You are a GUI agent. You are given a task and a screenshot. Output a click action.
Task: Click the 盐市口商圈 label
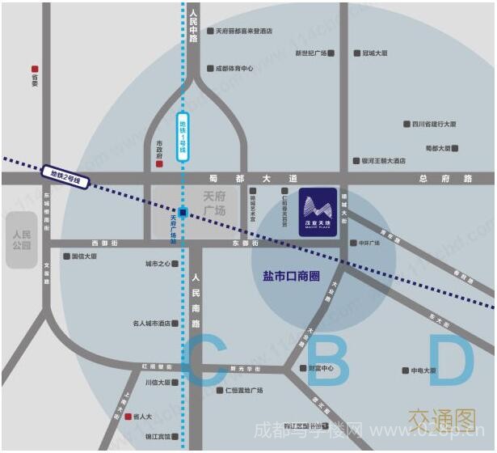click(x=292, y=276)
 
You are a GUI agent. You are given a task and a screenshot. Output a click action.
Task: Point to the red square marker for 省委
click(x=35, y=70)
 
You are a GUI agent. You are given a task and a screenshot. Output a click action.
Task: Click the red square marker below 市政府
click(x=159, y=164)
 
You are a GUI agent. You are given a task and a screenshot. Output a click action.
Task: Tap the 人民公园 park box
click(x=22, y=240)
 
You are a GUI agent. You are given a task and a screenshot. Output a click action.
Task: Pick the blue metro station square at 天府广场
click(x=183, y=213)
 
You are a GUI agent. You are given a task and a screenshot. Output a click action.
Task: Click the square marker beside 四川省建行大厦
click(x=406, y=125)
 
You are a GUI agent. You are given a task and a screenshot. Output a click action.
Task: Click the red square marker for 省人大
click(x=128, y=417)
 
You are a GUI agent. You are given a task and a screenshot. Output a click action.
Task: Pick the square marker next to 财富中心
click(x=303, y=369)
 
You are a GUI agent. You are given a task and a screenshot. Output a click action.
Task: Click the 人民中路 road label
click(x=193, y=27)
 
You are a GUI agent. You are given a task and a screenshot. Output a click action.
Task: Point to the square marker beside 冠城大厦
click(x=356, y=53)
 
